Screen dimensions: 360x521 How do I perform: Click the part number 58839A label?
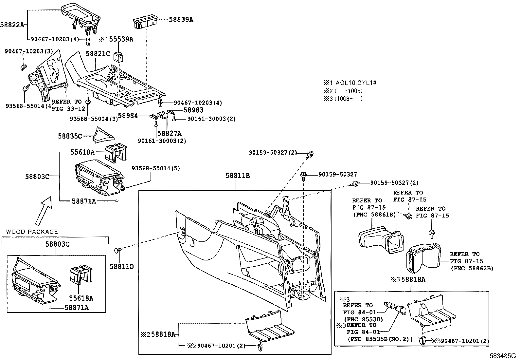point(181,19)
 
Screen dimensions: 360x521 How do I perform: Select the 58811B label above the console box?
point(237,176)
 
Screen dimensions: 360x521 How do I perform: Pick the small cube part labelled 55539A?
point(118,57)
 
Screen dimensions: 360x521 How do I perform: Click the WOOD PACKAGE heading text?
point(32,232)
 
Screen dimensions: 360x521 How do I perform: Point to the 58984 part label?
point(128,116)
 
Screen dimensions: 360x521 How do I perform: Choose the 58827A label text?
point(169,133)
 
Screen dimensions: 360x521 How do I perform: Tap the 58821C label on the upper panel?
point(98,53)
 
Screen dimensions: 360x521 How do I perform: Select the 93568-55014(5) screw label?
point(156,168)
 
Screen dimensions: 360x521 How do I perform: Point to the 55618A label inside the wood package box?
point(81,298)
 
